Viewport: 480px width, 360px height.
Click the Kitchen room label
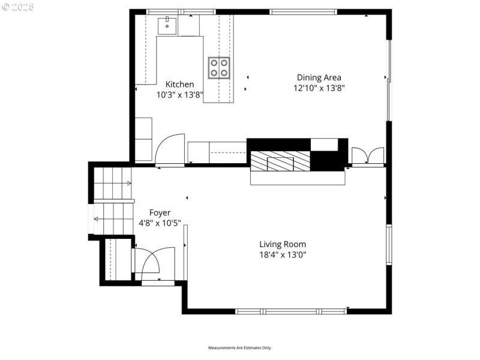click(x=179, y=85)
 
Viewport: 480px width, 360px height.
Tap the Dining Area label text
click(x=319, y=77)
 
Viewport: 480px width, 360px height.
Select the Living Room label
click(x=282, y=244)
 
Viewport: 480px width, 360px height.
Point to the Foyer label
click(x=160, y=212)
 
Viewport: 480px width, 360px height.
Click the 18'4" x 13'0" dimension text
click(x=282, y=254)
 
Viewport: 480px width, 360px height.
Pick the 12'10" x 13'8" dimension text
click(x=319, y=88)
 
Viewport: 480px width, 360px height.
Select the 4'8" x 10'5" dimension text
click(x=160, y=223)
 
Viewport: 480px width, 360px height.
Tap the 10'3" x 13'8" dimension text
click(x=179, y=95)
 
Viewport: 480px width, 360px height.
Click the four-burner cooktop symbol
click(x=219, y=67)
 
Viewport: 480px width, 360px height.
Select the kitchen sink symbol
click(x=167, y=26)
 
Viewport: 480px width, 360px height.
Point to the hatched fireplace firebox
click(x=280, y=161)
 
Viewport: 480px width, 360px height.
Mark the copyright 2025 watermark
click(x=18, y=7)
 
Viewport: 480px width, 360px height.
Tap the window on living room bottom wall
click(x=291, y=311)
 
